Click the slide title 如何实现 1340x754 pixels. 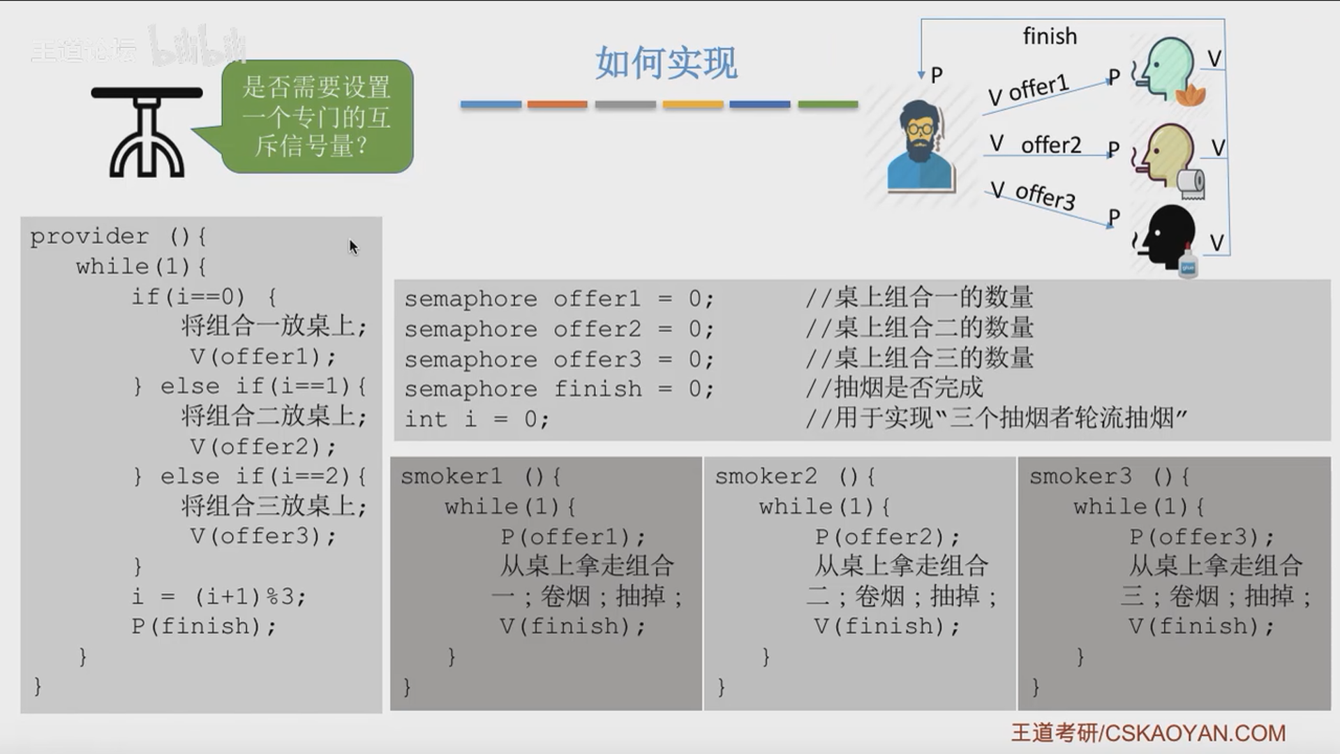click(667, 63)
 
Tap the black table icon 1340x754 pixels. click(147, 132)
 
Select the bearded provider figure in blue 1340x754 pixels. click(920, 147)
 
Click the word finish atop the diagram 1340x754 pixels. click(1050, 36)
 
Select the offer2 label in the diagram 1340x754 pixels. click(1050, 145)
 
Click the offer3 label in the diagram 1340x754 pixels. click(1045, 196)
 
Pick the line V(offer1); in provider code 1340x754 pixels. click(262, 357)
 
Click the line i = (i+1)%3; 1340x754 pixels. click(218, 596)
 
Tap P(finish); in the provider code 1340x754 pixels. click(203, 626)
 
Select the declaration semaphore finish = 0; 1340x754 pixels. click(559, 389)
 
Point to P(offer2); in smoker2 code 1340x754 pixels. click(887, 537)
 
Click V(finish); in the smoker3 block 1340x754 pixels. click(1201, 626)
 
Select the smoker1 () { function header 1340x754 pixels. click(481, 477)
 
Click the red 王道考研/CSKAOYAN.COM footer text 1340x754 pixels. click(1148, 732)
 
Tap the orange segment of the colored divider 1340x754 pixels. click(558, 105)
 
